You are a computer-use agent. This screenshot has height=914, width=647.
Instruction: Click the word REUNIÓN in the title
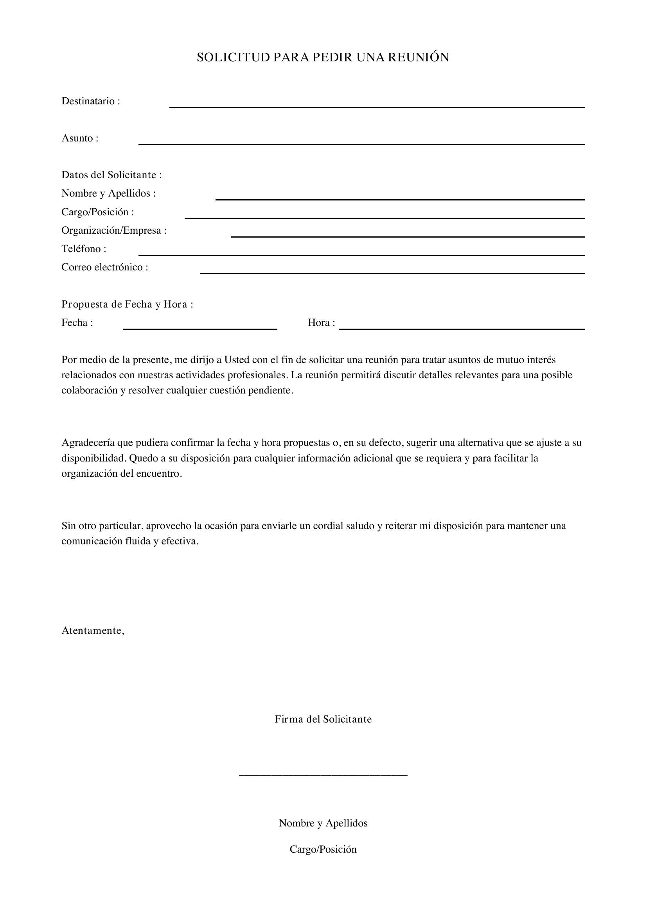click(418, 57)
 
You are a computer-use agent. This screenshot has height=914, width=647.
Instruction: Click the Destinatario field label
click(90, 101)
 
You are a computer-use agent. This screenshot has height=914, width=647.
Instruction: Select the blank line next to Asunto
click(361, 144)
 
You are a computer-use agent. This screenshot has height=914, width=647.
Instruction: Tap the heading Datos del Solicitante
click(111, 175)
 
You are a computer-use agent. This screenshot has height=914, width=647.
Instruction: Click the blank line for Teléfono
click(361, 255)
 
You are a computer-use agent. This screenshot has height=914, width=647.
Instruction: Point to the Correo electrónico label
click(104, 267)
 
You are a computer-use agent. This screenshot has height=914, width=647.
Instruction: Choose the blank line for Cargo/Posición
click(385, 218)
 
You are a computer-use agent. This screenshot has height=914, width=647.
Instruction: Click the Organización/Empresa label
click(114, 231)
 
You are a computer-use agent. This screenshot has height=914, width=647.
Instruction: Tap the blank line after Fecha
click(200, 329)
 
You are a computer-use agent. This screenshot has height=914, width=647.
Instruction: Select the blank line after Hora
click(461, 329)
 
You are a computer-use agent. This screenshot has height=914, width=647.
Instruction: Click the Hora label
click(321, 323)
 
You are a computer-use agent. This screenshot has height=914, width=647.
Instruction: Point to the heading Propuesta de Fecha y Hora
click(127, 304)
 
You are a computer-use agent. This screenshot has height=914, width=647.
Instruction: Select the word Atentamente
click(93, 631)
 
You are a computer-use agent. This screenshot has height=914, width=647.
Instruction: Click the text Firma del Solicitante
click(323, 719)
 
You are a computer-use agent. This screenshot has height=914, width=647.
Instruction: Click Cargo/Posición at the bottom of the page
click(323, 850)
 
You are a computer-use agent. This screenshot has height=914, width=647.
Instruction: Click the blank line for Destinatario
click(377, 107)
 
